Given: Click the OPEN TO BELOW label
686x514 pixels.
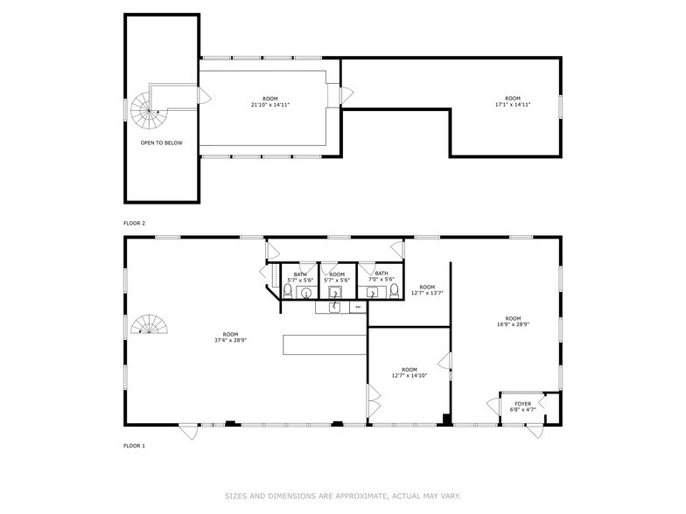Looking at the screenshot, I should [161, 142].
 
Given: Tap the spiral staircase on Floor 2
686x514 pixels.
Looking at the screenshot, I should [143, 110].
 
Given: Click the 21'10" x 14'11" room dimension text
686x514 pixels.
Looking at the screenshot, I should [270, 105].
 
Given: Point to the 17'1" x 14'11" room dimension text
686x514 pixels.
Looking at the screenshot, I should [512, 105].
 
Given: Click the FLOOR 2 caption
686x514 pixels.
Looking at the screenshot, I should [134, 224].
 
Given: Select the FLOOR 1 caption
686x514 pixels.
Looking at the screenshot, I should [134, 446].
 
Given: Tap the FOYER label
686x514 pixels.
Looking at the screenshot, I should [521, 404].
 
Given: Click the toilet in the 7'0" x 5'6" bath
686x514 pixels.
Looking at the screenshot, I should [395, 291].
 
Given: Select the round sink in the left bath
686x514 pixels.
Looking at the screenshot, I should [305, 293].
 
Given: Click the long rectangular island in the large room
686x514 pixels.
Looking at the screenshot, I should [324, 344].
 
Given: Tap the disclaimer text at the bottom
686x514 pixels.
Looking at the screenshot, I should [343, 496].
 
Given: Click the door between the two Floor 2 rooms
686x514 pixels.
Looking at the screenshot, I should [347, 94].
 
